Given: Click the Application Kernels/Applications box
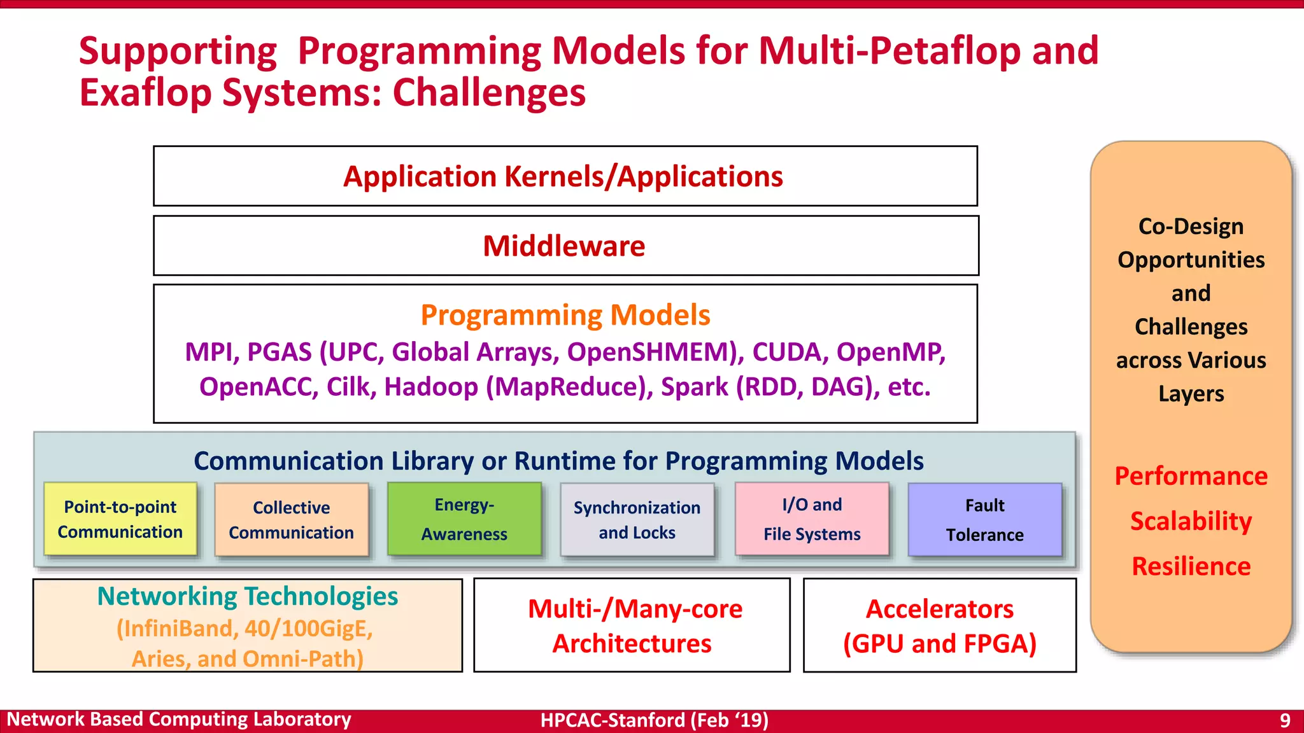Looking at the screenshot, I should pyautogui.click(x=565, y=176).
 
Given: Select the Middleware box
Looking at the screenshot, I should pyautogui.click(x=565, y=246).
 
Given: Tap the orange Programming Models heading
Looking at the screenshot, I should pyautogui.click(x=565, y=315).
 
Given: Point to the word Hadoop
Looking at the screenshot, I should pyautogui.click(x=430, y=387).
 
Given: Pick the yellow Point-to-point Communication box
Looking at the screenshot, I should pyautogui.click(x=120, y=519).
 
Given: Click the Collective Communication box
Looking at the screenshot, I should pyautogui.click(x=292, y=520).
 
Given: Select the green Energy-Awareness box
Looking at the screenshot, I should pyautogui.click(x=464, y=519).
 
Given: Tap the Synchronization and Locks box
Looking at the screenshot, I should pyautogui.click(x=637, y=520).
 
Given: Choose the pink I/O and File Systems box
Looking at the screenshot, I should pyautogui.click(x=812, y=519).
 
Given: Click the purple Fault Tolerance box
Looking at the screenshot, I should pyautogui.click(x=984, y=520).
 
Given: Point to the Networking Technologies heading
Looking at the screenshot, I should pyautogui.click(x=248, y=596).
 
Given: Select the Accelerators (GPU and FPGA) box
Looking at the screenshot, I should pyautogui.click(x=940, y=625).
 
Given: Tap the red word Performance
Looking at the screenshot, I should pyautogui.click(x=1191, y=476).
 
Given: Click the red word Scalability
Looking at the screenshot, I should pyautogui.click(x=1191, y=521).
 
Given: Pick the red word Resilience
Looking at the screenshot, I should pyautogui.click(x=1191, y=566).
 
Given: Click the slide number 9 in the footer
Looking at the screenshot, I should pyautogui.click(x=1285, y=720).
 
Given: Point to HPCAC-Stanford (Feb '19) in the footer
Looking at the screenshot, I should pyautogui.click(x=655, y=720).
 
